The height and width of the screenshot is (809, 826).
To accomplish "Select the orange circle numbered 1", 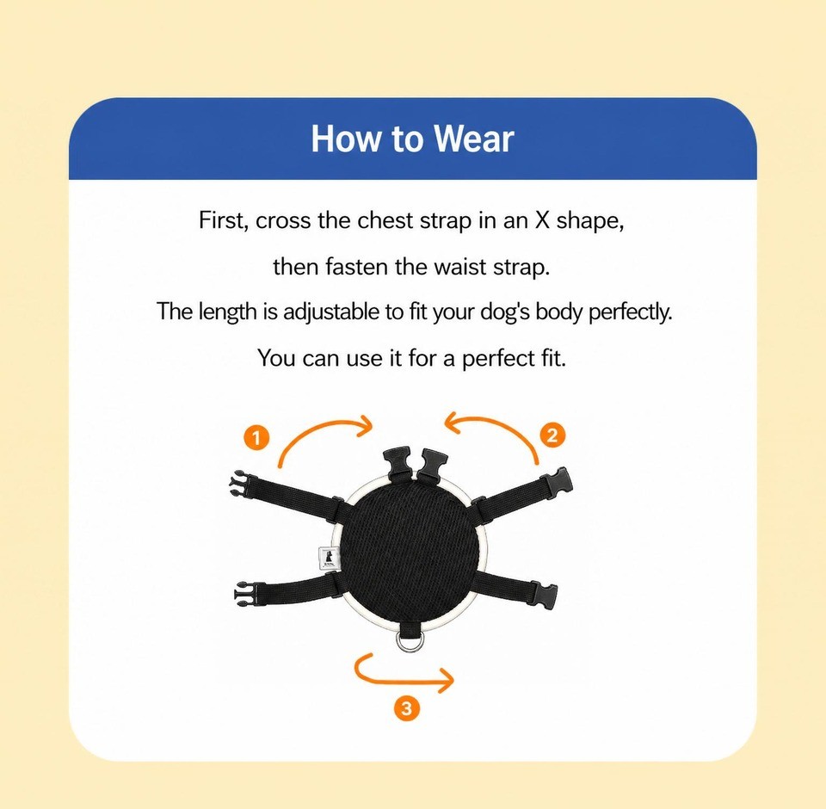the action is (x=256, y=437).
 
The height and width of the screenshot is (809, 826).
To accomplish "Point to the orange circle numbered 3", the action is (x=406, y=707).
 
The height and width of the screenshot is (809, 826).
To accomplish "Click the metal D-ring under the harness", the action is (x=408, y=639).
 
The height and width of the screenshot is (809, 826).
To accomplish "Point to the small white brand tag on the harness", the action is (x=328, y=558).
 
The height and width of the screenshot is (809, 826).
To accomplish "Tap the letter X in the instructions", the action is (x=542, y=220).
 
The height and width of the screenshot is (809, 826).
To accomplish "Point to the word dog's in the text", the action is (x=505, y=312).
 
